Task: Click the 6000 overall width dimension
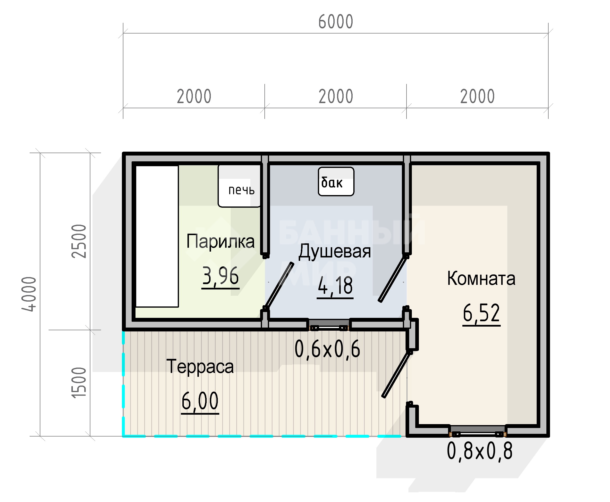point(336,22)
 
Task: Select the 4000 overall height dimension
point(29,294)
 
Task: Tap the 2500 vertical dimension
point(79,241)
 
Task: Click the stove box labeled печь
point(239,186)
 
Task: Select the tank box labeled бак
point(336,181)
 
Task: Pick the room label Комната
point(481,278)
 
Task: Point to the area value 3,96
point(220,276)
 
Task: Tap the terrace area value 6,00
point(200,401)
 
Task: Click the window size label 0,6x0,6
point(327,349)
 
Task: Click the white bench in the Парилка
point(157,236)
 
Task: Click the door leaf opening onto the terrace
point(396,375)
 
